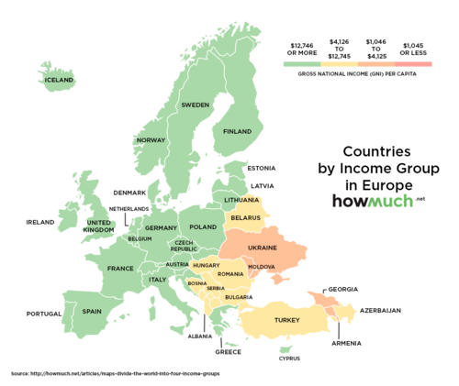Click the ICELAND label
click(58, 81)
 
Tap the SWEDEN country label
click(195, 105)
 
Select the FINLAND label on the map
click(237, 131)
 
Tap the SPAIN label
click(92, 311)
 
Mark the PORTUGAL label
click(43, 314)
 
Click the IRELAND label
click(40, 222)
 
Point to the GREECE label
click(228, 351)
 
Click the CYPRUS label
click(288, 358)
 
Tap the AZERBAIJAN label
click(380, 312)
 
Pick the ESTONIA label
click(262, 168)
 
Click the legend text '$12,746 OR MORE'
click(302, 48)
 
